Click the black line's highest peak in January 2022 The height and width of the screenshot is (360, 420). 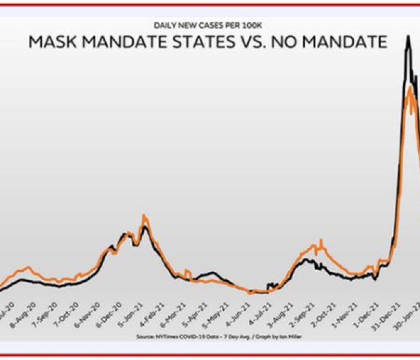pos(408,37)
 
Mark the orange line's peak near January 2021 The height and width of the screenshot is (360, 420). pos(143,215)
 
